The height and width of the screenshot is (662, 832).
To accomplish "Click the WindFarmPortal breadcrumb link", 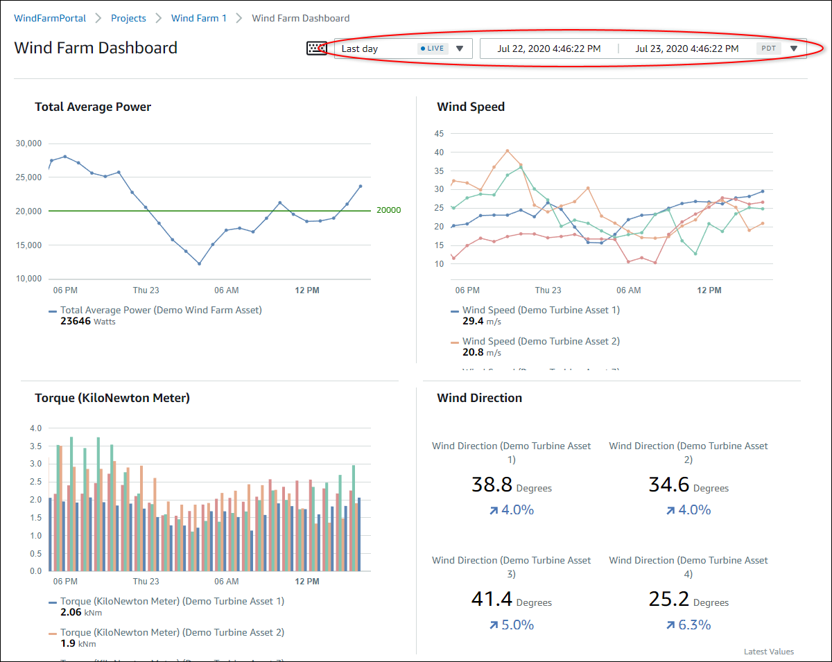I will [x=50, y=18].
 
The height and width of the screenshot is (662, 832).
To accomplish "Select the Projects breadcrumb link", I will [x=128, y=18].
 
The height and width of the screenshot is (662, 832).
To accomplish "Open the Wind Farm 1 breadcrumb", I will [x=199, y=18].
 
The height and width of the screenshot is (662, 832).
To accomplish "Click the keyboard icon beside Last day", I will [x=317, y=49].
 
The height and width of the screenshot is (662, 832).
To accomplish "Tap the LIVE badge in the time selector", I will [x=433, y=49].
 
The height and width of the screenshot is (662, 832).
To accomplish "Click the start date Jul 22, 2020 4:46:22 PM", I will [x=548, y=49].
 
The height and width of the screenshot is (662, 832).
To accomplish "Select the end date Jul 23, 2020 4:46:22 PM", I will [x=686, y=49].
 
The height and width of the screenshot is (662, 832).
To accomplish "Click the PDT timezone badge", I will [x=768, y=49].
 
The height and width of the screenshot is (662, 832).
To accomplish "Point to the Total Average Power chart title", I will [x=93, y=107].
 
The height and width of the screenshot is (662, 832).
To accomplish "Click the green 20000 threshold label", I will [x=388, y=210].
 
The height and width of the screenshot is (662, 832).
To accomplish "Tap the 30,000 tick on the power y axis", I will [x=28, y=143].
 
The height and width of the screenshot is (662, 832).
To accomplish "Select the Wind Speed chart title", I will [x=471, y=107].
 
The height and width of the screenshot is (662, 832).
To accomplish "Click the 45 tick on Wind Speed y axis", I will [x=438, y=133].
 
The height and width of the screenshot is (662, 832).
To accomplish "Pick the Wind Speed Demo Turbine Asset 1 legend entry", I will [x=541, y=310].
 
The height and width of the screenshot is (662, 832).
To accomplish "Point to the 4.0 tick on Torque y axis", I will [x=35, y=428].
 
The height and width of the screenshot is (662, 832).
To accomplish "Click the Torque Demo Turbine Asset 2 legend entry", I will [x=172, y=632].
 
